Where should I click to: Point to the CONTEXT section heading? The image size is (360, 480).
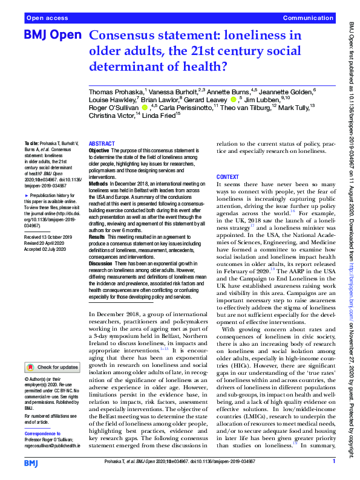coord(228,177)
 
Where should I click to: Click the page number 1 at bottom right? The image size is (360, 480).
coord(334,462)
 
